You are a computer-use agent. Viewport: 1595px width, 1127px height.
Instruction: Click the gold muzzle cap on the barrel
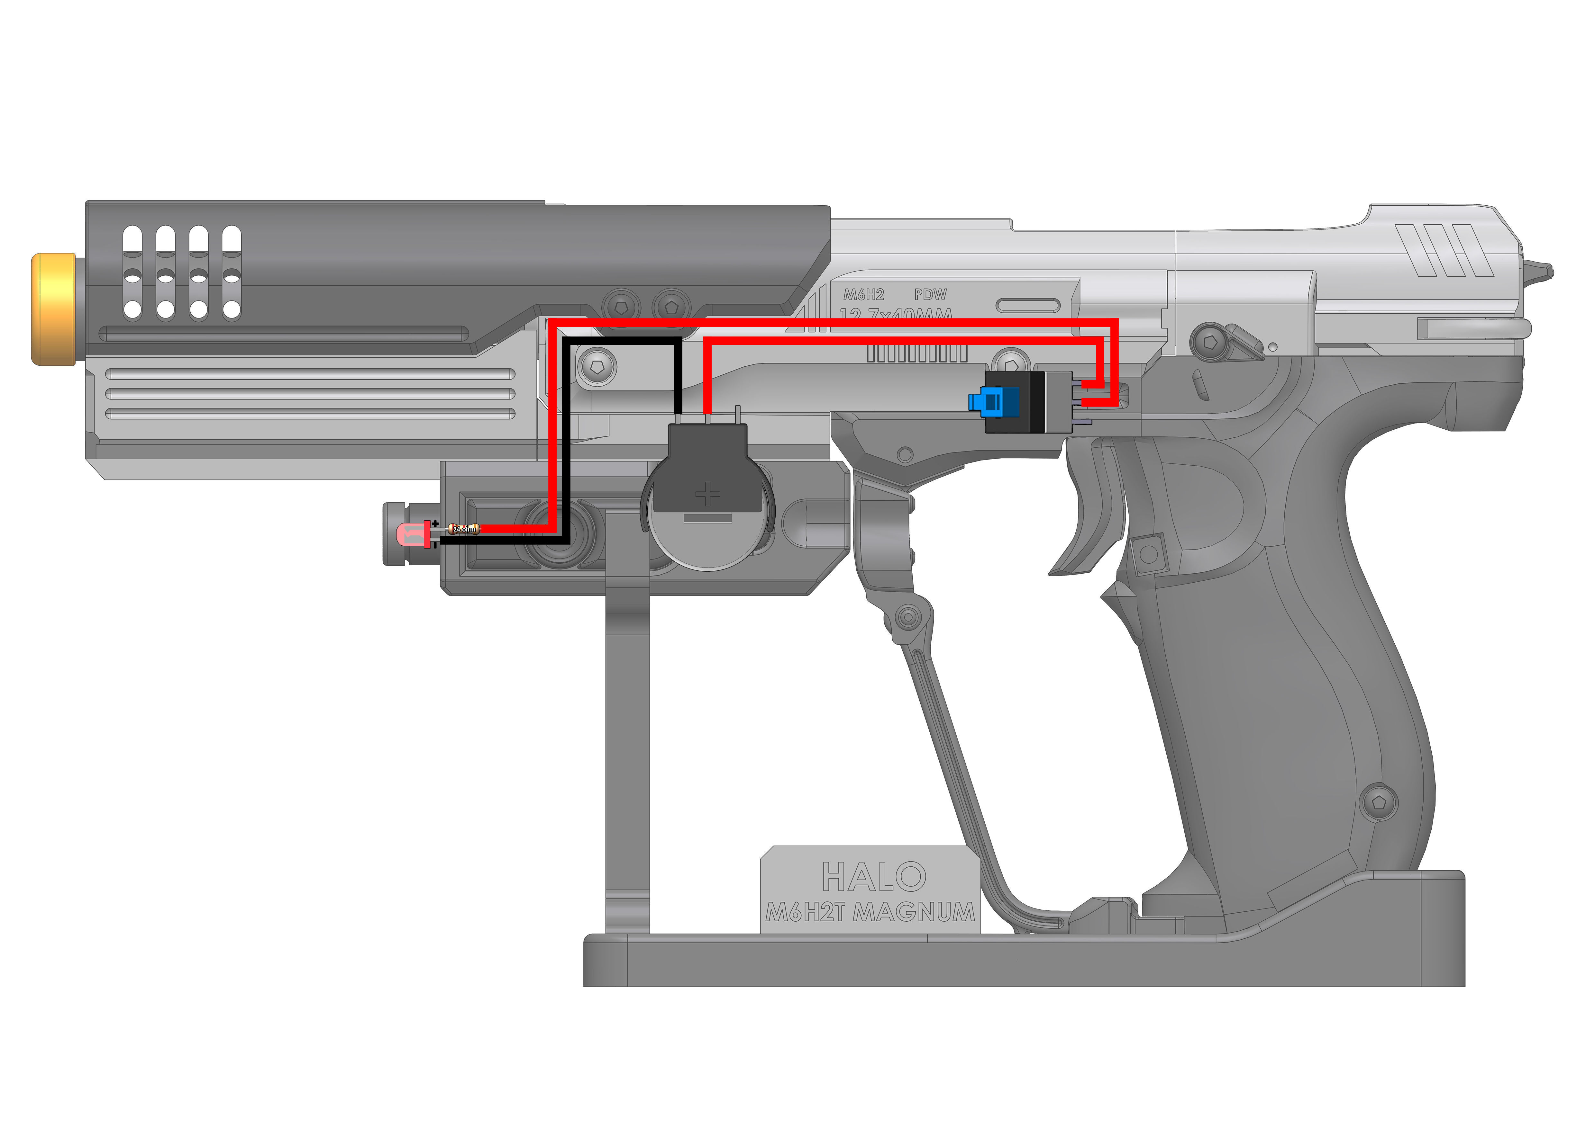(x=54, y=309)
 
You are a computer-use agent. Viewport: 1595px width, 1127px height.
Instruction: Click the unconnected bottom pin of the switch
(x=1084, y=422)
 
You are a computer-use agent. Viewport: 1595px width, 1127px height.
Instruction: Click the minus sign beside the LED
(x=435, y=545)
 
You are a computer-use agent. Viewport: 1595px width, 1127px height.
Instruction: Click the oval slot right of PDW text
(x=1028, y=306)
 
